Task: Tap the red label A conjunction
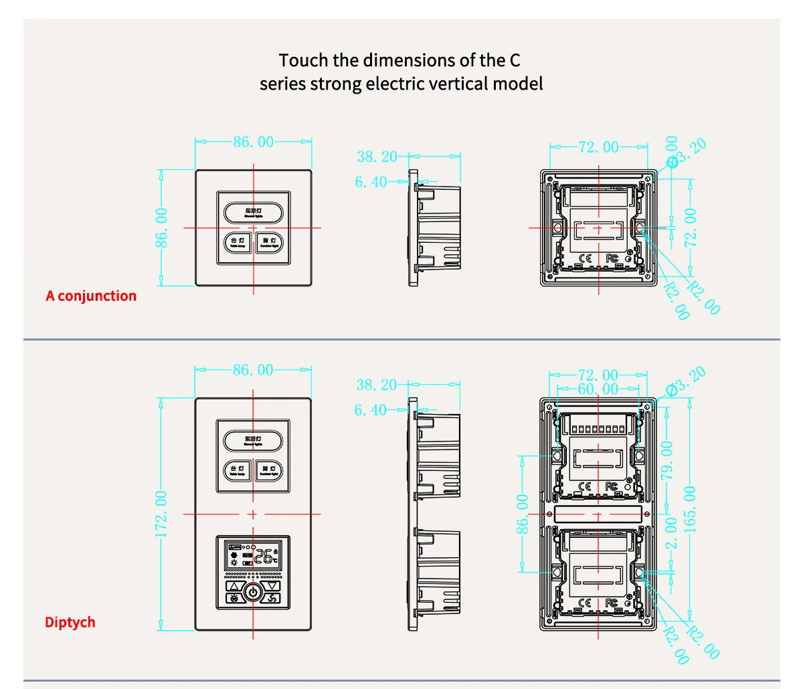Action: (91, 296)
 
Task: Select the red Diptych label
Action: (70, 622)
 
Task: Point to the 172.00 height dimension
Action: (161, 514)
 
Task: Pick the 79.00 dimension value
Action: (667, 460)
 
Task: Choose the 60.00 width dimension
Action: (598, 389)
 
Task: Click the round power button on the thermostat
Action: (253, 593)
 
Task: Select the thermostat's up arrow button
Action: (235, 586)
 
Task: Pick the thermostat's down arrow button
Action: (272, 586)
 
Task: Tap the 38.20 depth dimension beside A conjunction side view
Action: (376, 157)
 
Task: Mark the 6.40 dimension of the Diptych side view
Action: (370, 410)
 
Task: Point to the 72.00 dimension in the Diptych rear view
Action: (598, 375)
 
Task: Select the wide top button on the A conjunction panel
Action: (253, 213)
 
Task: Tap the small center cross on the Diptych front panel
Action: (253, 514)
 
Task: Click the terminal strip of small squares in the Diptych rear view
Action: (598, 428)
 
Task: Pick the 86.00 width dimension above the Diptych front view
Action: (253, 370)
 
